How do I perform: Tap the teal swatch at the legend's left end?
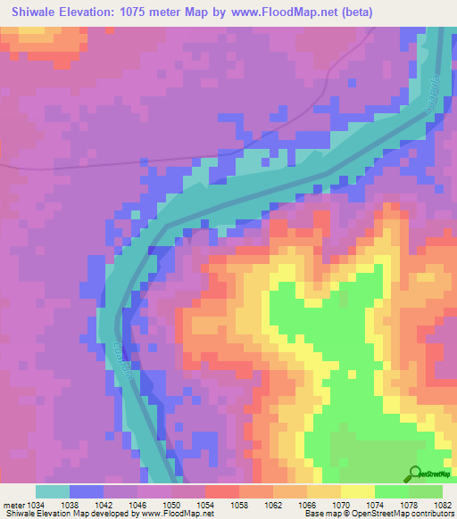53,491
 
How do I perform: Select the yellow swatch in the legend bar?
358,491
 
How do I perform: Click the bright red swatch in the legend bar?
222,491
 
